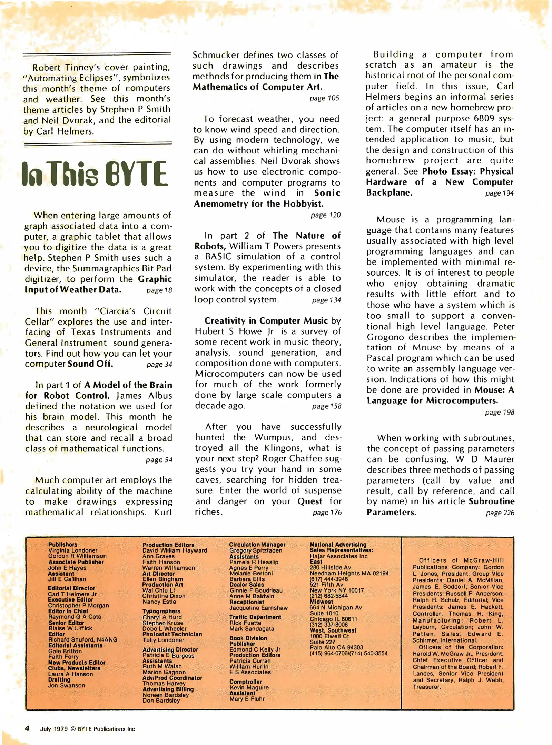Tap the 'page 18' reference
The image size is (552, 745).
[x=159, y=290]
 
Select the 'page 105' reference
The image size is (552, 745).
[x=324, y=98]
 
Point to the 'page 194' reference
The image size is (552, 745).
[x=499, y=193]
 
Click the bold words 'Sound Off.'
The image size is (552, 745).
[x=90, y=364]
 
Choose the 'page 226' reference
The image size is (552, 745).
[x=500, y=513]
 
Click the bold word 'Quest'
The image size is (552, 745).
[x=310, y=501]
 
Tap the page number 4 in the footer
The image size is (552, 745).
[x=27, y=728]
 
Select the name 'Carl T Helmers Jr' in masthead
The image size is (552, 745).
[x=72, y=594]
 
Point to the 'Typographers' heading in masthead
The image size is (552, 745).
[x=161, y=611]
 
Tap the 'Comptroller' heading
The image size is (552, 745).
[x=246, y=682]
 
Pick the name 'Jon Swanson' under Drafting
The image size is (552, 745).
[x=67, y=685]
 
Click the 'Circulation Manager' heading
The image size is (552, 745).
[x=257, y=545]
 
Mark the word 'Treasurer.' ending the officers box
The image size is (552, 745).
[x=427, y=687]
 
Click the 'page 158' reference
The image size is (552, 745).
[x=327, y=406]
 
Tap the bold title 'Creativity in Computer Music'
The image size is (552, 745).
[x=266, y=321]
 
